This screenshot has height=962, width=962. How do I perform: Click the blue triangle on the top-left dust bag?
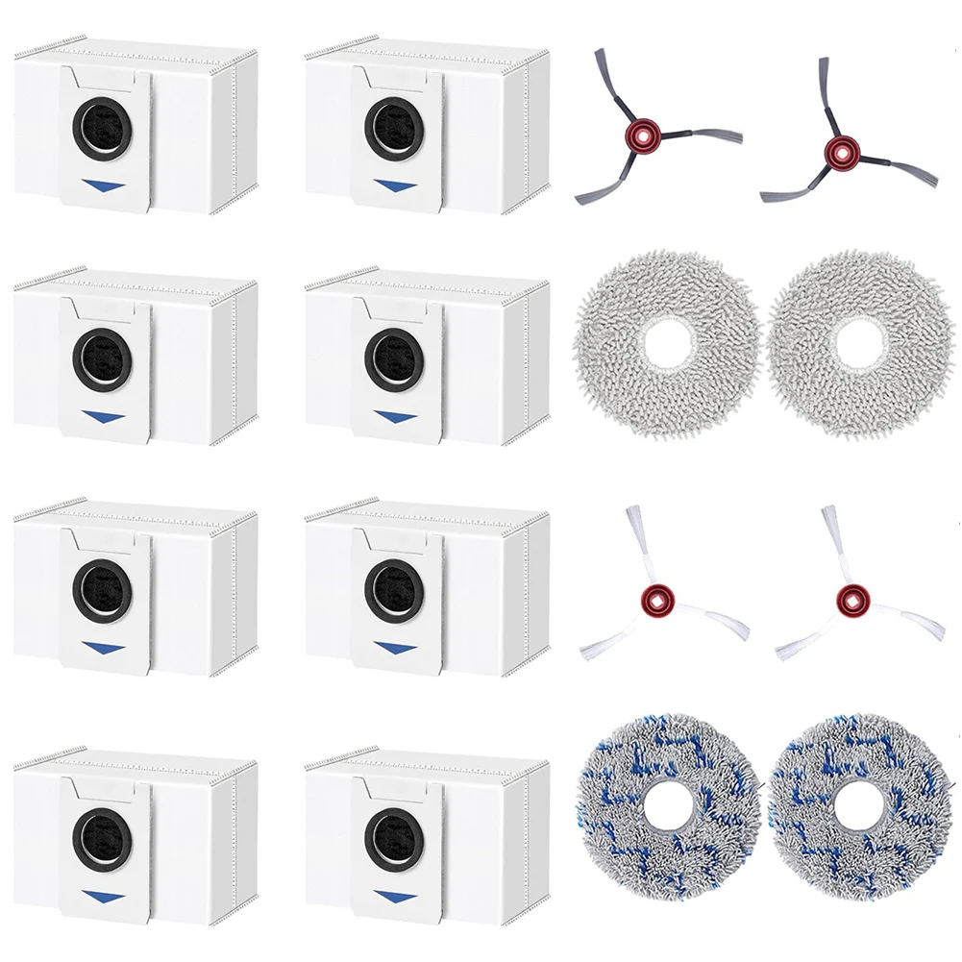pos(103,185)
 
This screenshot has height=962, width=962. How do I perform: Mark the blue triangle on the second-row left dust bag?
pos(103,417)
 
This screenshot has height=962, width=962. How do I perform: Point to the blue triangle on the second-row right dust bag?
pos(395,418)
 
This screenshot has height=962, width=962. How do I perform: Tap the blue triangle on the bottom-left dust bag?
pos(103,897)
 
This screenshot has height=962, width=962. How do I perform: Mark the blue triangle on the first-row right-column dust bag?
pos(395,185)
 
